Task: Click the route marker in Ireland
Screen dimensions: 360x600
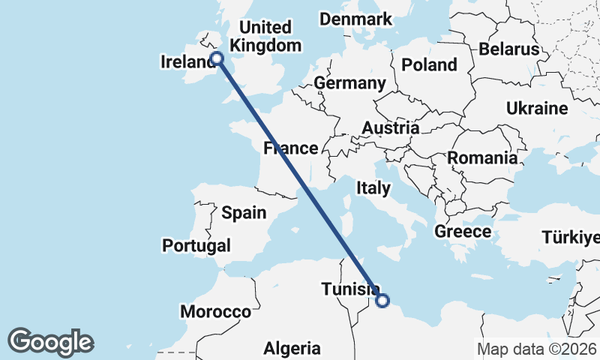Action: coord(217,58)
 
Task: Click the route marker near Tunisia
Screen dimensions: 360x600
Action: coord(382,301)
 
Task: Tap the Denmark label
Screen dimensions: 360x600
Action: coord(355,19)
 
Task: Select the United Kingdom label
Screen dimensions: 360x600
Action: coord(265,36)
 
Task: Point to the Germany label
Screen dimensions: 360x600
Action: coord(349,82)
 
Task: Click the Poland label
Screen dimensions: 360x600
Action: coord(429,65)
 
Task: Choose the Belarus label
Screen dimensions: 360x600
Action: coord(509,49)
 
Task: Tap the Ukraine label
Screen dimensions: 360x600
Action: coord(536,109)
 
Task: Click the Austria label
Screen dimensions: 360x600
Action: coord(390,128)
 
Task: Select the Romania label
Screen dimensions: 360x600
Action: coord(481,158)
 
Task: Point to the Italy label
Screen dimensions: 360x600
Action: coord(373,188)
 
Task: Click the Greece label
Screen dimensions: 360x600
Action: coord(463,232)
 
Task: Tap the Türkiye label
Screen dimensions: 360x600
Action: coord(571,238)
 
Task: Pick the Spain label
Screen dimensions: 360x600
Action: coord(244,213)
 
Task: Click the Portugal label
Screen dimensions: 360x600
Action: coord(196,245)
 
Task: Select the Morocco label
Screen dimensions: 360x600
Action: coord(215,311)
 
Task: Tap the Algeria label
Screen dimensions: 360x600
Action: coord(292,348)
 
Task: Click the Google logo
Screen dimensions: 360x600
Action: coord(50,342)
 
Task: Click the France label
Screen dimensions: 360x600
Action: coord(290,148)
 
